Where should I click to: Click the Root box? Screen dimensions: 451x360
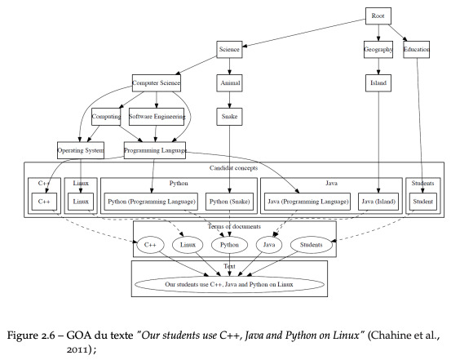coord(378,16)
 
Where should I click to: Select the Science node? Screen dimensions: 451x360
coord(229,50)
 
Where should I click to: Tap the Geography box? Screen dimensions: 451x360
coord(378,50)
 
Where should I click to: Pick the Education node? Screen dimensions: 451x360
coord(417,50)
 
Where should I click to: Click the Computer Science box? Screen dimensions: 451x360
coord(157,83)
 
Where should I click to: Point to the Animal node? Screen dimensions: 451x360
coord(229,83)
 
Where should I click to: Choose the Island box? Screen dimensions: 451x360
coord(378,83)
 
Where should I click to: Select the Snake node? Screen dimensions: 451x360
coord(229,117)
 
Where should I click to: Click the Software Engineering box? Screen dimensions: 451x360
coord(157,117)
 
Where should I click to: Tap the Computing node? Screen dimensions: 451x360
coord(106,117)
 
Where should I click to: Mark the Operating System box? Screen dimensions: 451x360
coord(81,150)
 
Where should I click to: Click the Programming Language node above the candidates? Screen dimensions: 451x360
coord(155,150)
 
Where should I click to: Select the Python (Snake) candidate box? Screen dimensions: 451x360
coord(229,202)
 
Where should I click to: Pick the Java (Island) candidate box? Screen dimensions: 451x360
coord(378,202)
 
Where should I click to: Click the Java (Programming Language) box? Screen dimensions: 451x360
coord(307,202)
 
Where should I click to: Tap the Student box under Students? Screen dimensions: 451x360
coord(422,202)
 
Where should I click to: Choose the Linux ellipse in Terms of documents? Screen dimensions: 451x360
coord(188,245)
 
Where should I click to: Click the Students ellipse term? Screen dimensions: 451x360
coord(311,245)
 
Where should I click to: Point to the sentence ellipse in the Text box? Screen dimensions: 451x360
coord(229,284)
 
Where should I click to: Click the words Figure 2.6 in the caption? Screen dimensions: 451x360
coord(30,336)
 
